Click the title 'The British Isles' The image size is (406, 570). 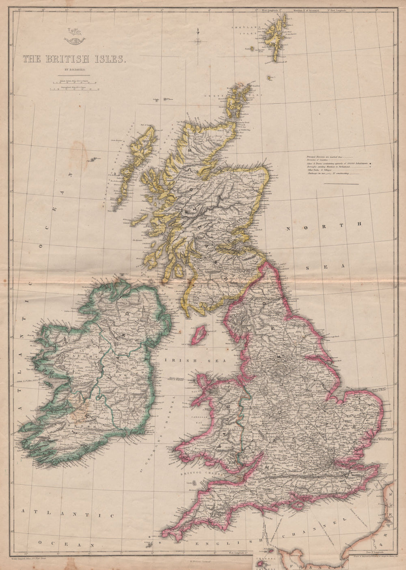(73, 59)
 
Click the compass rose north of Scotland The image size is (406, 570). (198, 39)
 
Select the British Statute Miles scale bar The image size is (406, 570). (73, 83)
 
